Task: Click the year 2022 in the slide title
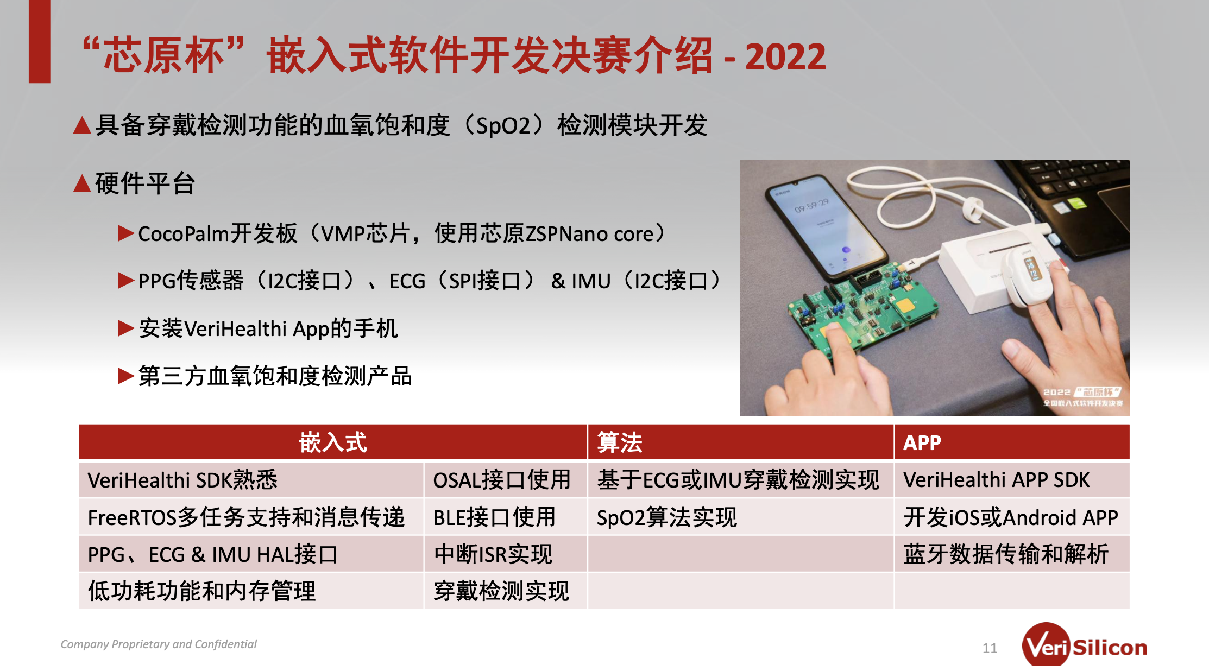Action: pos(785,56)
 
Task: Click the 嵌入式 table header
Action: pos(333,442)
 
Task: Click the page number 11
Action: pos(990,648)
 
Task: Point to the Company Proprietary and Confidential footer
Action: pos(159,644)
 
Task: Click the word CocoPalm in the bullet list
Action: pos(184,234)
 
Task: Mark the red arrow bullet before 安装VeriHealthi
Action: pos(126,328)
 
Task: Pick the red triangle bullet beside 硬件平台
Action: pos(82,183)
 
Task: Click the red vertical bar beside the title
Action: pos(40,41)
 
